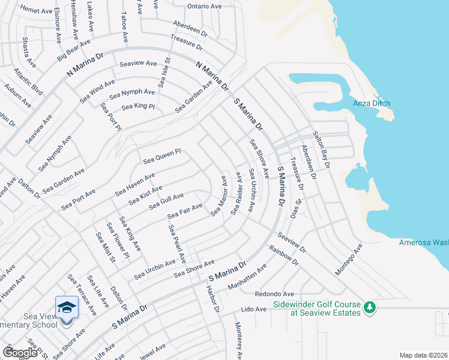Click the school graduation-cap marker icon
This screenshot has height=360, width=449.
66,307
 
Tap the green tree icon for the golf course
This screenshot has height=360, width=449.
370,307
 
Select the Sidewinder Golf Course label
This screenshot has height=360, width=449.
317,308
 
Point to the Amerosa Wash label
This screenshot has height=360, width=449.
424,242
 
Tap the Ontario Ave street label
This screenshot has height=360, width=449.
204,6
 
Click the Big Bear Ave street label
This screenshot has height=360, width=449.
74,50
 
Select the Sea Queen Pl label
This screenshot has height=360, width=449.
161,157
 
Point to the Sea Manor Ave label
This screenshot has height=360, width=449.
218,196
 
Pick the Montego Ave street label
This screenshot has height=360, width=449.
349,260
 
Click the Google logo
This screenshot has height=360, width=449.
20,353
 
